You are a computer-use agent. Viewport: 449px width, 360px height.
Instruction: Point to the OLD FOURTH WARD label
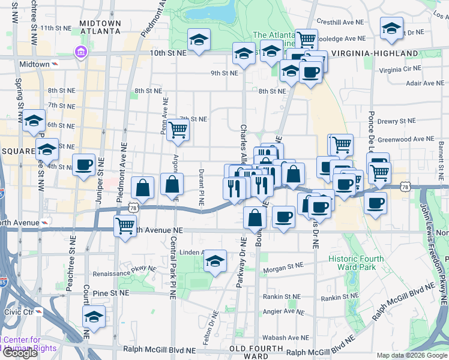[257, 352]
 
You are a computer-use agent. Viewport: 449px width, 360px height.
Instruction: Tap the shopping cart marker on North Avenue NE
[125, 226]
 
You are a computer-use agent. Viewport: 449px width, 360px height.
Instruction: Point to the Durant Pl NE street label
[202, 187]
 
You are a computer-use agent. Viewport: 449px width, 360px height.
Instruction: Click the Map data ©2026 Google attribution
[412, 355]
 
